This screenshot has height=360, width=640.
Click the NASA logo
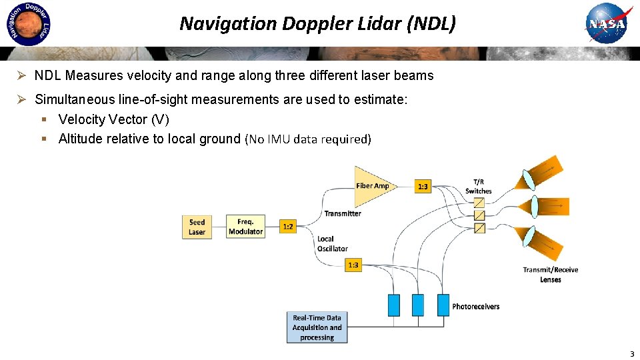click(x=606, y=25)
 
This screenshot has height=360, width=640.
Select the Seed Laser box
click(x=197, y=227)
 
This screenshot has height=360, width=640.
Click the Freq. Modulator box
click(x=245, y=227)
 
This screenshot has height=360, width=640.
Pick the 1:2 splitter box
click(x=288, y=227)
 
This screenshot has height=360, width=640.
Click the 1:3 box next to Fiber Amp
click(x=423, y=187)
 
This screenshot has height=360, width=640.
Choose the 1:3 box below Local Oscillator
click(x=353, y=265)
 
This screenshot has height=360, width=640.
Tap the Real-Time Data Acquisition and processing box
click(x=317, y=328)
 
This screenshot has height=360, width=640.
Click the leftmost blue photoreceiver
click(x=394, y=305)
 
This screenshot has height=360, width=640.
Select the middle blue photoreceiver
click(x=417, y=305)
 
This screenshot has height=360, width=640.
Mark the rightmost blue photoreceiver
click(x=442, y=305)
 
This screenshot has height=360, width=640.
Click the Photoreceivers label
click(x=475, y=307)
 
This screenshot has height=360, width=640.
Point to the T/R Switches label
click(x=479, y=187)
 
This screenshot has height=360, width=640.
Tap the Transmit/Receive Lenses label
click(x=551, y=275)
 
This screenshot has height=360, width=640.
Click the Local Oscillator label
click(x=332, y=243)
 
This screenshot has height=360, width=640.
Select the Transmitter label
click(x=343, y=213)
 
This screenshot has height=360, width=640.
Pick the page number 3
click(x=631, y=353)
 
